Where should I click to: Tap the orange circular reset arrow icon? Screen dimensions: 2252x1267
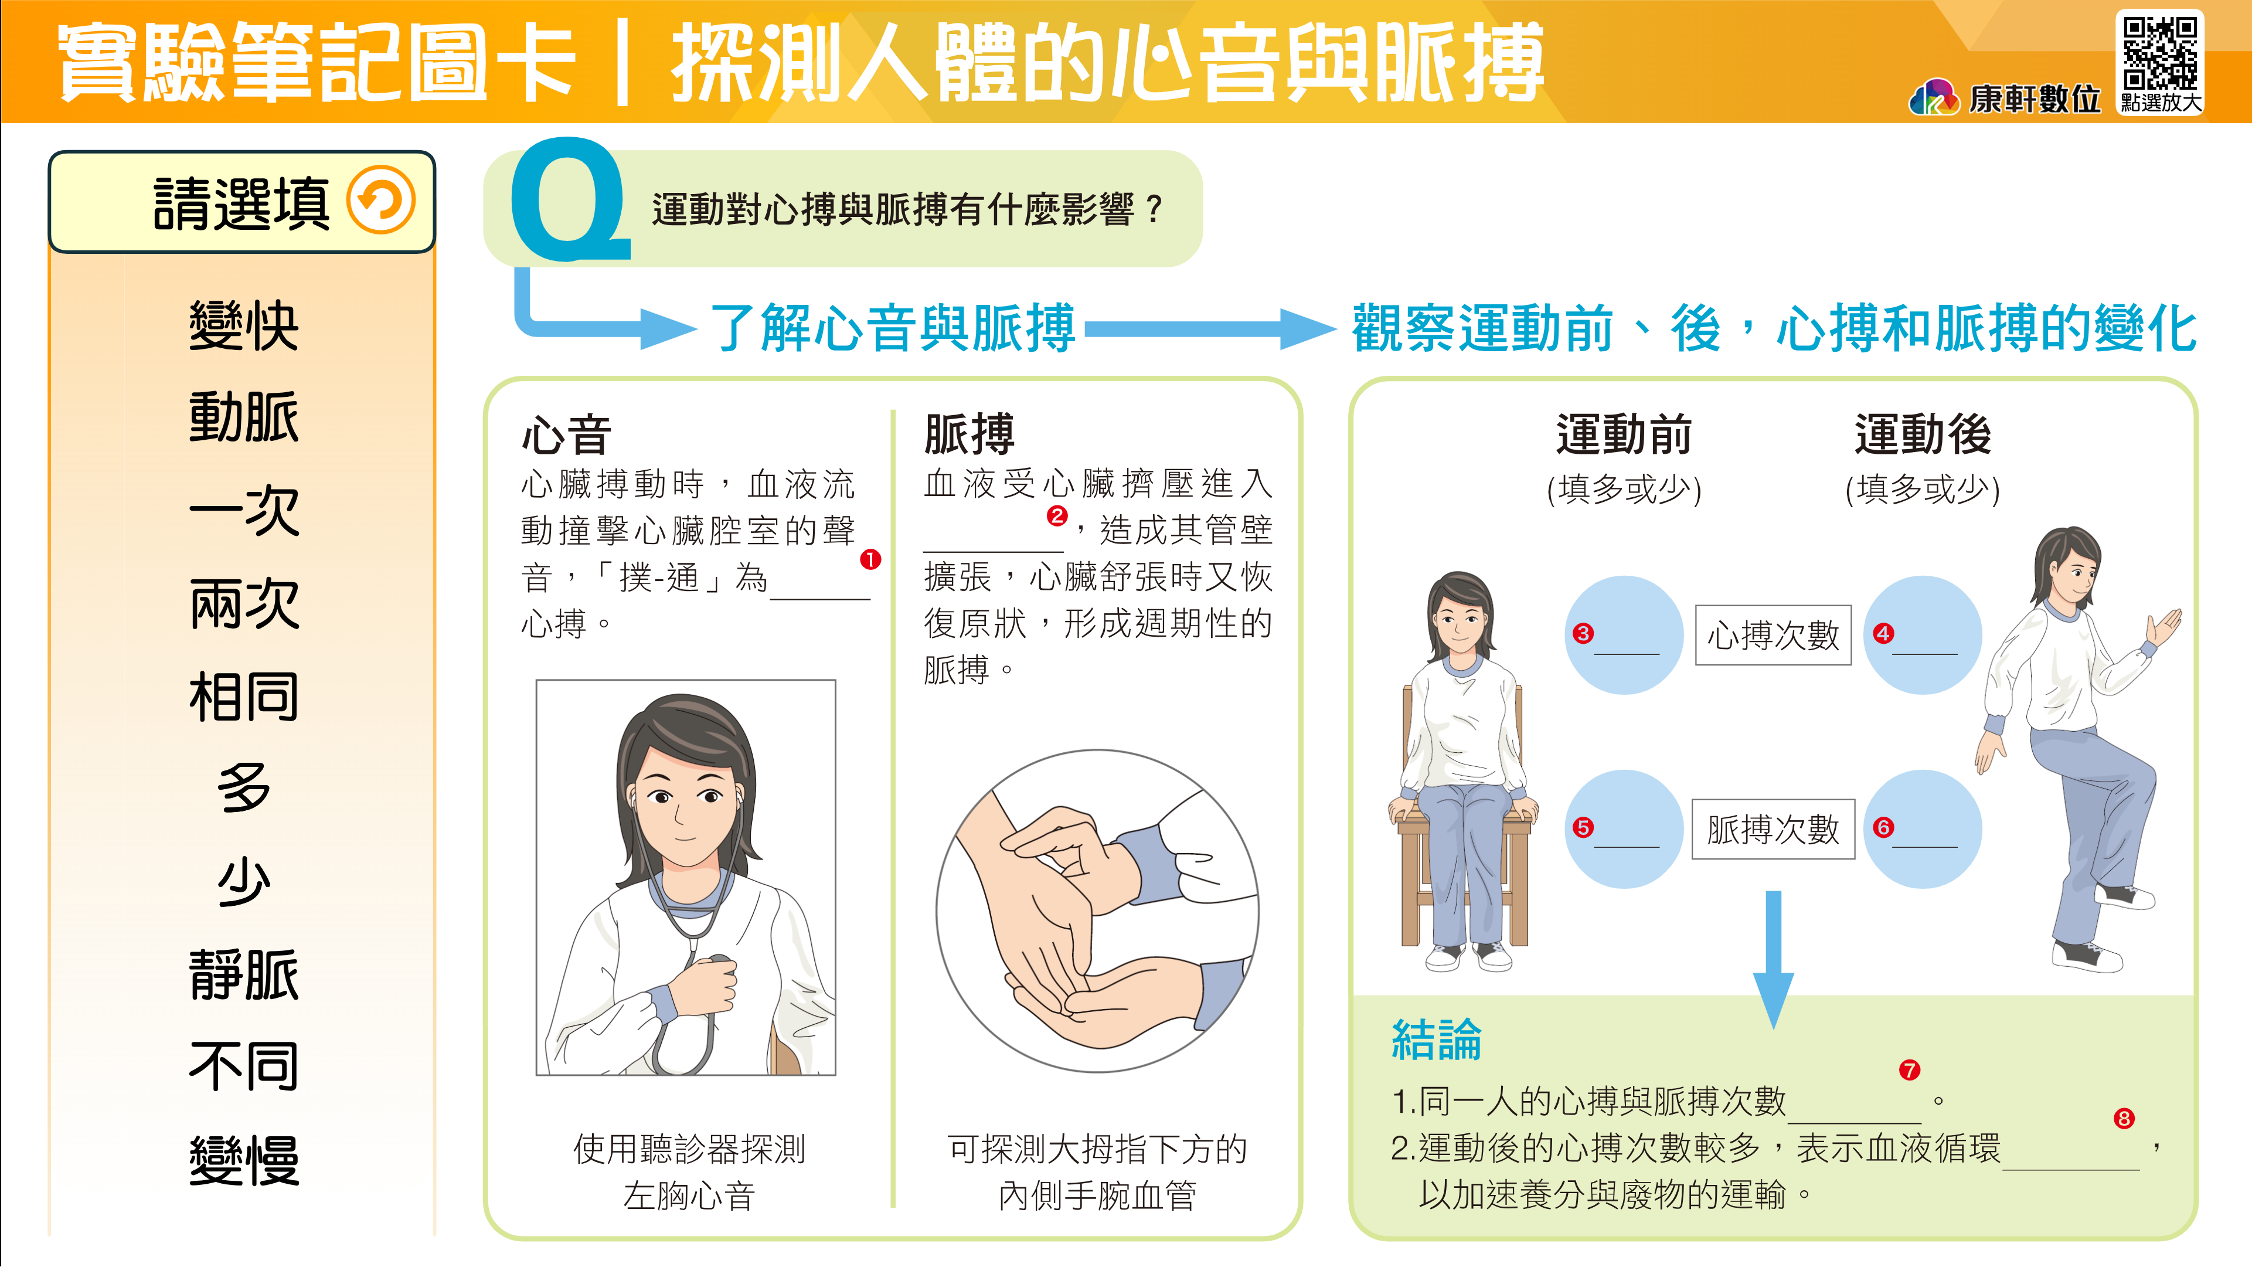click(380, 201)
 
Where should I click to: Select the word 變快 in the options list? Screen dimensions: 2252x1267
click(244, 326)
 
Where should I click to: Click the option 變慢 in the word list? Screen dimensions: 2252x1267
click(244, 1160)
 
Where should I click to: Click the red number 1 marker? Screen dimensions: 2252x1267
click(870, 559)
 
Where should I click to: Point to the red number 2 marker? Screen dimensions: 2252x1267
click(1057, 516)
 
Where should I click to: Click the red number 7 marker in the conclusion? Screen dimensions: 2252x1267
click(1909, 1070)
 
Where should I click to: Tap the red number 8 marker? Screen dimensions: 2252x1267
click(2124, 1118)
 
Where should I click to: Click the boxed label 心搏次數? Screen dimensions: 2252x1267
click(1773, 635)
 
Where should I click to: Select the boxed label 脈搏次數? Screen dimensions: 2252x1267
click(1773, 829)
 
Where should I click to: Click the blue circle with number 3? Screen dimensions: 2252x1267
click(1624, 635)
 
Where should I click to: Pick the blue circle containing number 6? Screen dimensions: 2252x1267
click(1923, 829)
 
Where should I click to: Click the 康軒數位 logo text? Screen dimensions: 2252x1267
click(2035, 99)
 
